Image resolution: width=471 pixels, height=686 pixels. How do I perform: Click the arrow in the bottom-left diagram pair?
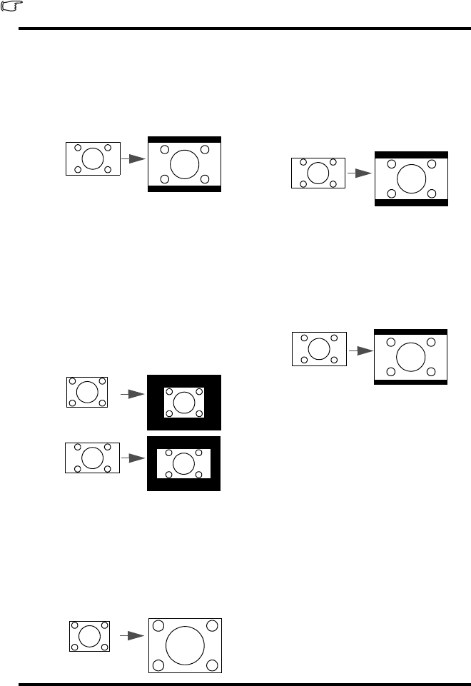pos(128,635)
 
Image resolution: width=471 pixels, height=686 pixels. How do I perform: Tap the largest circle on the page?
pos(185,645)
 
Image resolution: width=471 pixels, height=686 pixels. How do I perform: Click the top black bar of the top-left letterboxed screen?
pos(184,140)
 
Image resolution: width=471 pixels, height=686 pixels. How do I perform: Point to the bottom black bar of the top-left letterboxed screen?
pos(184,188)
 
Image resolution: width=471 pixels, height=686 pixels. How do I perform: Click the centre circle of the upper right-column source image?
pos(318,173)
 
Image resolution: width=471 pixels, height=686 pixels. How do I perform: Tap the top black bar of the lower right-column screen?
pos(410,332)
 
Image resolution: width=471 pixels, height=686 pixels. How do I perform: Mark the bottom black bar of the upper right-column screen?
pos(410,203)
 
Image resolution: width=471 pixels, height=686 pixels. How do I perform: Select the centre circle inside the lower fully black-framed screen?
pos(184,463)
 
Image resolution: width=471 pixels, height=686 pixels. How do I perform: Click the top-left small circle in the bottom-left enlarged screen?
pos(158,625)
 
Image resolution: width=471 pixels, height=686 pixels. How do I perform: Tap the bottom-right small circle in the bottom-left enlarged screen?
pos(211,665)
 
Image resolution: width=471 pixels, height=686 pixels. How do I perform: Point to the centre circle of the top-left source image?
pos(93,158)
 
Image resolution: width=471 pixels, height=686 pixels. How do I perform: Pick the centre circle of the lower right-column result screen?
pos(410,357)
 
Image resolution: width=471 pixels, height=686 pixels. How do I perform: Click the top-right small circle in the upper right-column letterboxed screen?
pos(430,164)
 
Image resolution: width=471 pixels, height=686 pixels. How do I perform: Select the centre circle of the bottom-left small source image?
pos(89,635)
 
